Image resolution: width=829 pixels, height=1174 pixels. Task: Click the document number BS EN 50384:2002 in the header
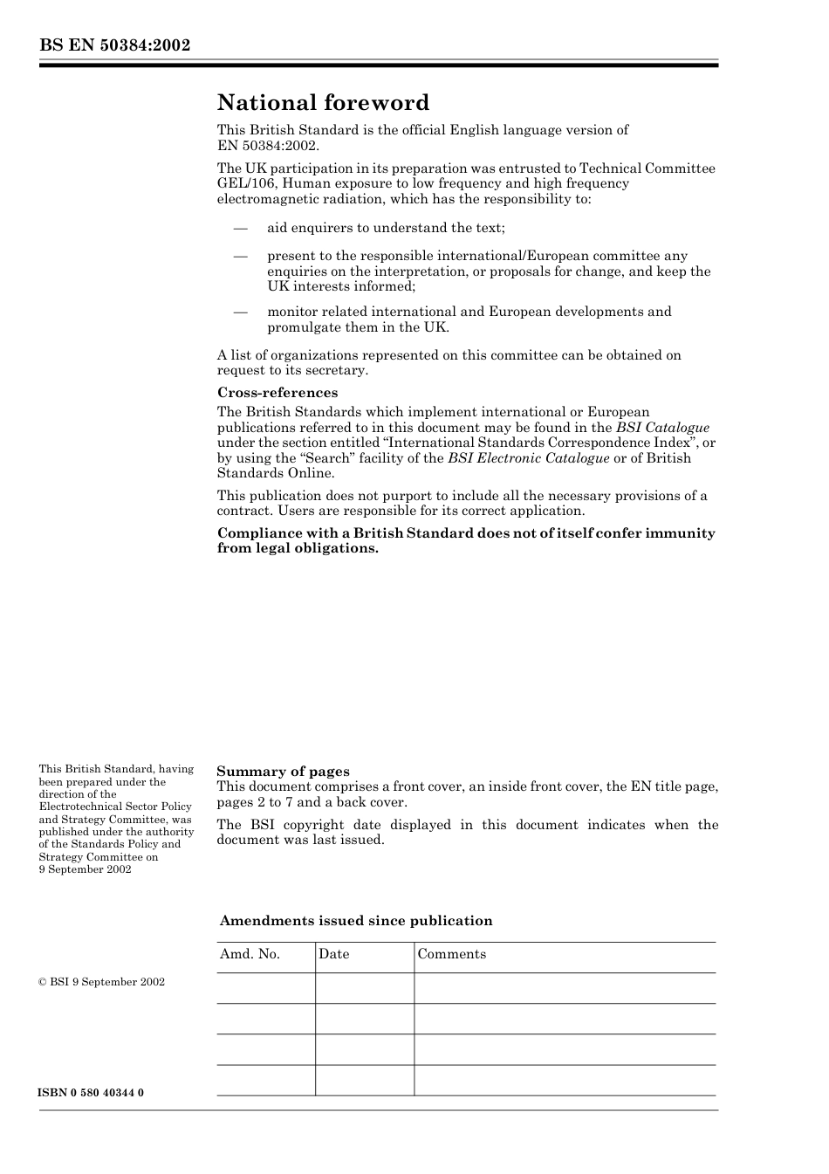[114, 45]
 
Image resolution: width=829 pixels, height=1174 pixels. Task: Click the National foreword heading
[323, 103]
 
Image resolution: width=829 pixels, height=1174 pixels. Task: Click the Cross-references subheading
[277, 393]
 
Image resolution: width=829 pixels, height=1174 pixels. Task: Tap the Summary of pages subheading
[283, 772]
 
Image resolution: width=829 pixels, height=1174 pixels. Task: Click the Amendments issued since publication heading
[356, 921]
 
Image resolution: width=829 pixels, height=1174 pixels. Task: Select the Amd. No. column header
[250, 954]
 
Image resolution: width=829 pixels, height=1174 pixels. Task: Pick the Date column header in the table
[333, 954]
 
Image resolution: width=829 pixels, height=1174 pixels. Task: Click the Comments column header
[451, 954]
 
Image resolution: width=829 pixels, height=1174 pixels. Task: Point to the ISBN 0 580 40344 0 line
[92, 1093]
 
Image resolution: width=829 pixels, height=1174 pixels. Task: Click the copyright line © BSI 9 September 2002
[101, 982]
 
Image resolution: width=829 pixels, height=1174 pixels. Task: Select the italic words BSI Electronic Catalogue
[528, 458]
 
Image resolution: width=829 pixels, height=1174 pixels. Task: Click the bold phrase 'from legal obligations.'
[298, 549]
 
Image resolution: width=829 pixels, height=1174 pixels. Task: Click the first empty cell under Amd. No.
[265, 988]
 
